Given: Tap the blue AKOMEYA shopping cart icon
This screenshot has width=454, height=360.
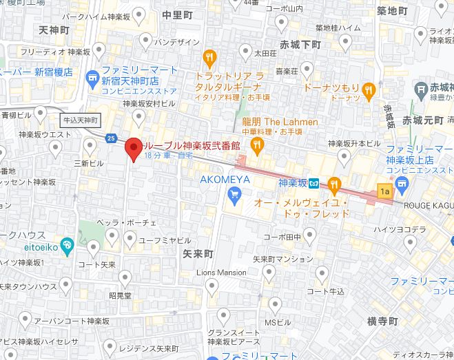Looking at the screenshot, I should pyautogui.click(x=234, y=195).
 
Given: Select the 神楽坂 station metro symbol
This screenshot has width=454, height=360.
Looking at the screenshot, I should pyautogui.click(x=313, y=183).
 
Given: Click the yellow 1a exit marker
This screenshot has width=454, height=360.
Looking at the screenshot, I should pyautogui.click(x=384, y=191).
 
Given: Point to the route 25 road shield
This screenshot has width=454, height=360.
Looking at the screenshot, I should pyautogui.click(x=111, y=138).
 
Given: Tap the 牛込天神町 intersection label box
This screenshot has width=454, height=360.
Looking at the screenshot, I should pyautogui.click(x=81, y=120).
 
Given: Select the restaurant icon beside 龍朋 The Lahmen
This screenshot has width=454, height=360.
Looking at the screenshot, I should pyautogui.click(x=257, y=143).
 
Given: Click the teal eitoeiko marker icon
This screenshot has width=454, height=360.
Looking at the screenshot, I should pyautogui.click(x=67, y=244).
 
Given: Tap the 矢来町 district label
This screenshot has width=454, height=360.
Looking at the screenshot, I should pyautogui.click(x=198, y=254).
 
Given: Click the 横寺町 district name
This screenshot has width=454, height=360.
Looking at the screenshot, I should pyautogui.click(x=382, y=321).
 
